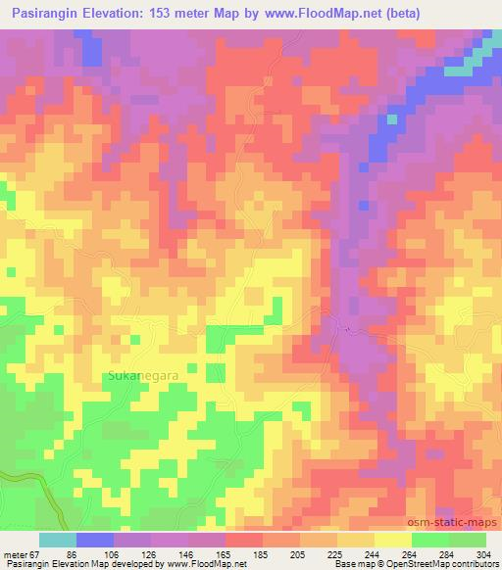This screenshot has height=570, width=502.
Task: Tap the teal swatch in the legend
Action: coord(58,540)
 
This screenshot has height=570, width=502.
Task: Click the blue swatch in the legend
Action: coord(95,540)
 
